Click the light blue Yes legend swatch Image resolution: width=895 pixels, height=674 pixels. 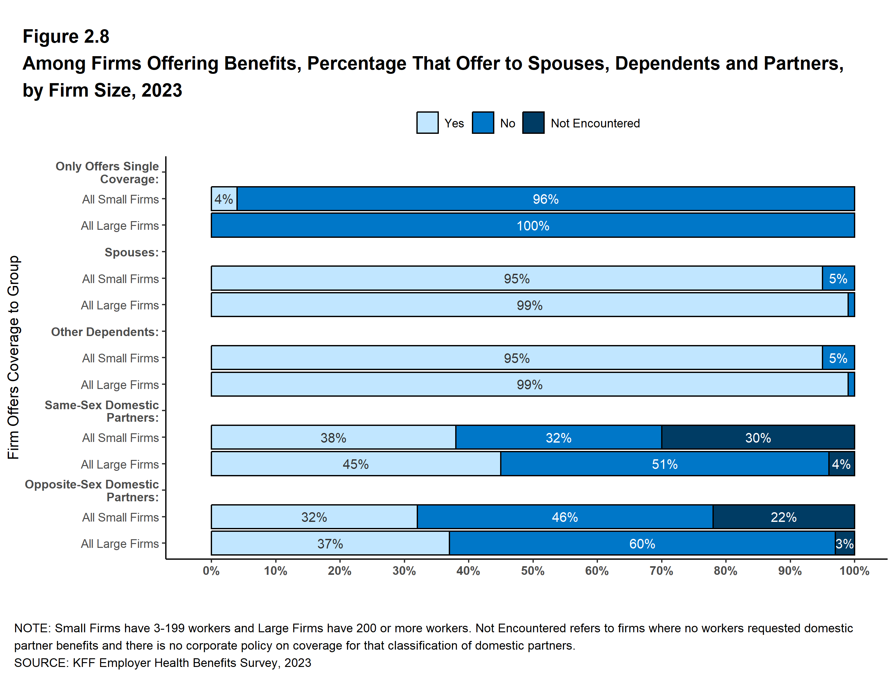click(x=427, y=123)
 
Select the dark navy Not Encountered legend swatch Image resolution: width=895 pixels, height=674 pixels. click(x=533, y=123)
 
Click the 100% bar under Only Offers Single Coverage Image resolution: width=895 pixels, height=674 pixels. click(x=533, y=226)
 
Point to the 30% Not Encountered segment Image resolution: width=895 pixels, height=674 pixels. click(x=758, y=437)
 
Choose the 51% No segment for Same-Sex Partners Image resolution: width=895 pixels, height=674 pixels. click(x=664, y=464)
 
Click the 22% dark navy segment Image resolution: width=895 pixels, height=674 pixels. click(x=783, y=517)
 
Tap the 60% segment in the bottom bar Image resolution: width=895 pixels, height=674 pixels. click(x=642, y=544)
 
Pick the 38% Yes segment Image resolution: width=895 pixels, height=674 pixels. click(x=333, y=437)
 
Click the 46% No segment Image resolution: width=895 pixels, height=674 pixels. click(x=565, y=517)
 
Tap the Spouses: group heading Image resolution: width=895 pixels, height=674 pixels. click(x=132, y=252)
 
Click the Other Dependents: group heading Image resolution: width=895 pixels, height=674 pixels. click(x=105, y=332)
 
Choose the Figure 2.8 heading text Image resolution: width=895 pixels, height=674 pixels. click(x=66, y=37)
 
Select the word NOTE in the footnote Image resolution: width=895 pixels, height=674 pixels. click(x=31, y=628)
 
